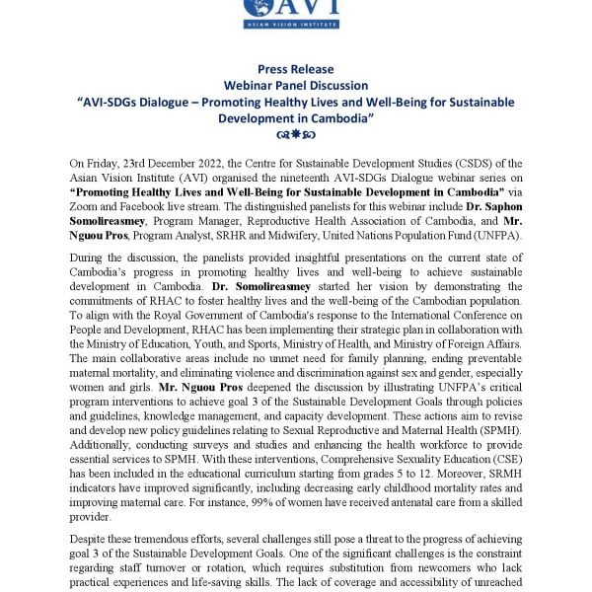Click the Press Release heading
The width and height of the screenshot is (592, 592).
pos(295,69)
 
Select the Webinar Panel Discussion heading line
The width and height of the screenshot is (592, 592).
pos(295,86)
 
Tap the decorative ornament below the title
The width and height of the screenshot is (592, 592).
pos(295,135)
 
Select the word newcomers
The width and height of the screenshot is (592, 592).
pos(402,572)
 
